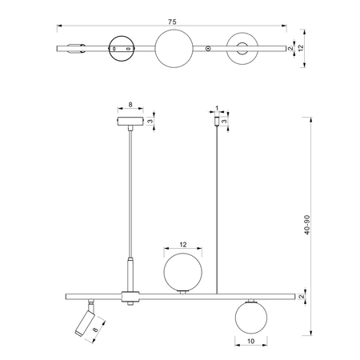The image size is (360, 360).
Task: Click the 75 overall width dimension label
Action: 172,22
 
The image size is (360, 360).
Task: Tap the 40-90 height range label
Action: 307,225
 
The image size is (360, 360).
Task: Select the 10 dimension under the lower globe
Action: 251,341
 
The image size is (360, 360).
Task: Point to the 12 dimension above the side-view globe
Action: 183,244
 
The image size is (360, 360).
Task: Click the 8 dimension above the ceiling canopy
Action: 130,105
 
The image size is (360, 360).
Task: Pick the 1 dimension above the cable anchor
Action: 217,108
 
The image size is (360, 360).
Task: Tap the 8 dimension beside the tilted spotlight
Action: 95,330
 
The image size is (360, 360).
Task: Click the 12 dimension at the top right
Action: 301,48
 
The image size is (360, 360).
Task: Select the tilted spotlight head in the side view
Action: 84,323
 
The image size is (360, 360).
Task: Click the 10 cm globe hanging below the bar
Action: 251,318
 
